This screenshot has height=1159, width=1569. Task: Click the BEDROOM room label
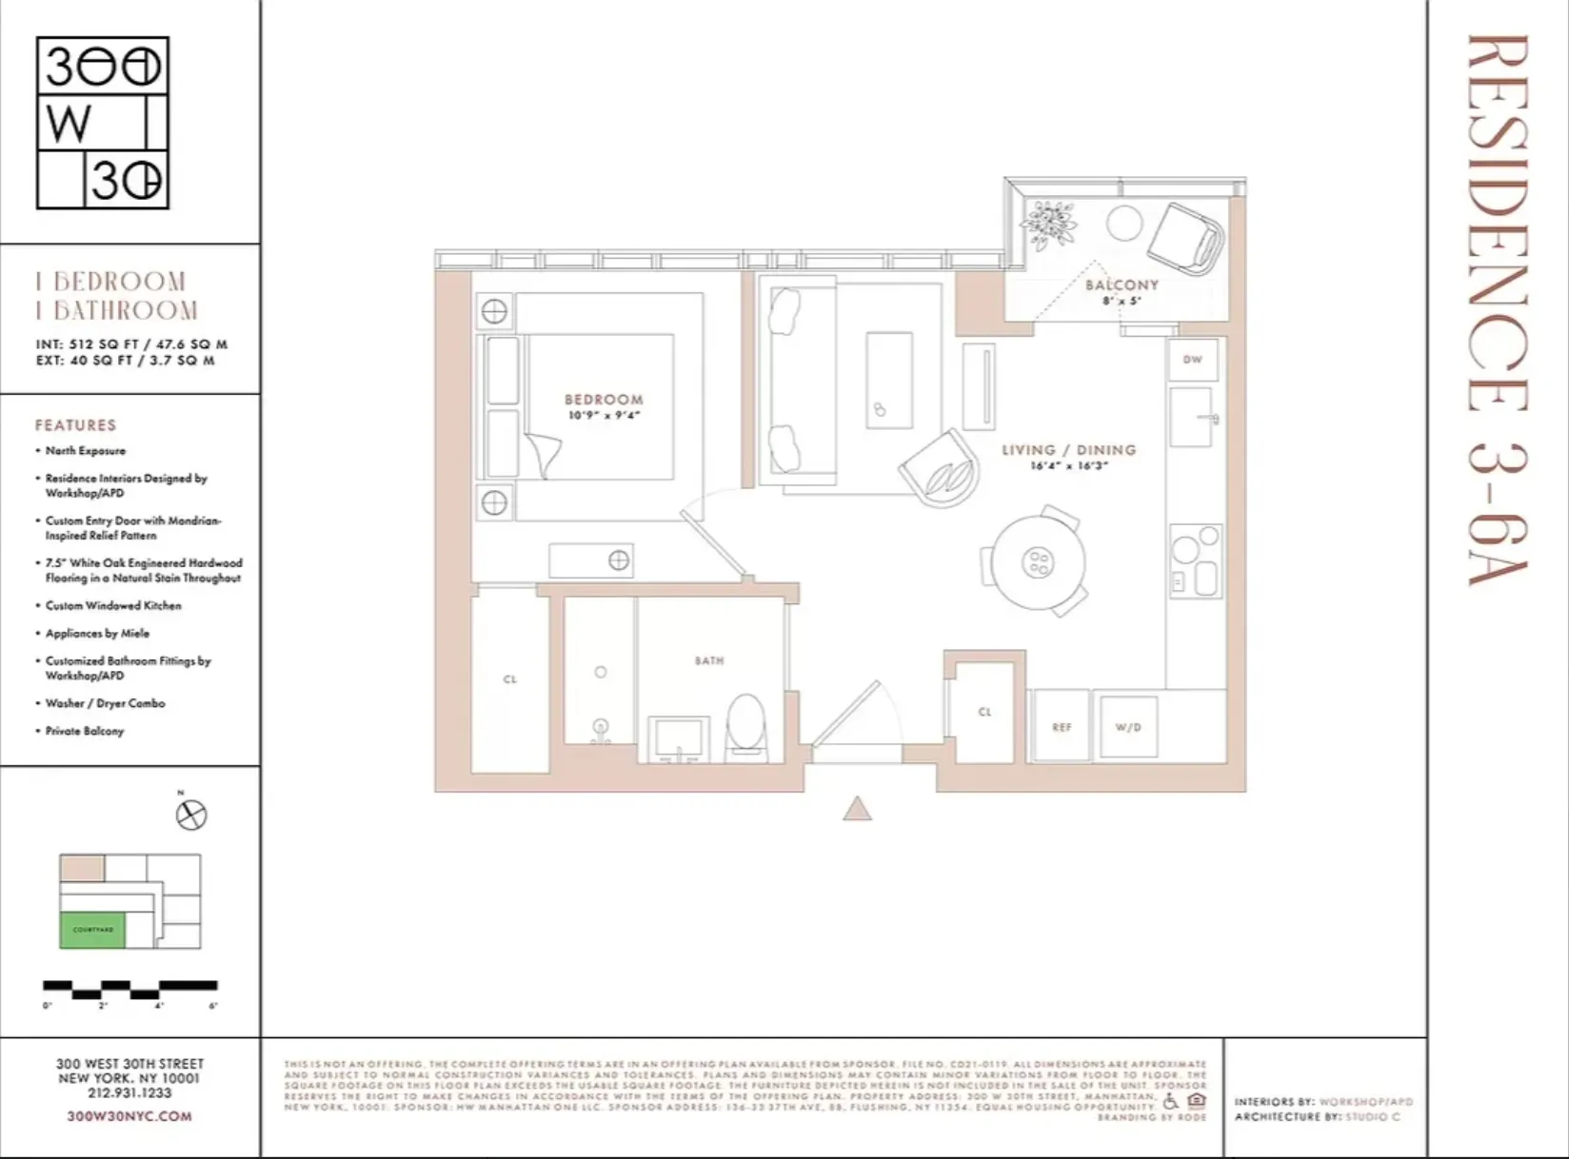click(x=603, y=400)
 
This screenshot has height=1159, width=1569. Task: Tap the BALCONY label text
click(x=1122, y=285)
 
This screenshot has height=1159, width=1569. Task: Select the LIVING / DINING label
click(x=1068, y=449)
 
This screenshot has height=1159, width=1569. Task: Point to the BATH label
click(x=708, y=659)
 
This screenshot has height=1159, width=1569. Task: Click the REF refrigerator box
click(x=1061, y=727)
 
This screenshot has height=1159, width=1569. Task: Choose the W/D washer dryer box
click(x=1128, y=727)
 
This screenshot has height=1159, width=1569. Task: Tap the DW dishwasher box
click(x=1192, y=360)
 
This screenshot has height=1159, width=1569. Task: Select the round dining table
click(x=1037, y=561)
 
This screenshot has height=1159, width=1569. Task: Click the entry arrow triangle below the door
click(x=857, y=809)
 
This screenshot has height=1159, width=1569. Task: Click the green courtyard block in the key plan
click(x=92, y=929)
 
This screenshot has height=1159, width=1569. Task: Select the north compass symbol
click(x=191, y=815)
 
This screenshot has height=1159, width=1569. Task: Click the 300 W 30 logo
click(x=102, y=123)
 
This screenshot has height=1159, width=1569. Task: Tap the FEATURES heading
click(x=75, y=424)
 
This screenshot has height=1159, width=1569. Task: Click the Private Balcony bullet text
click(x=85, y=731)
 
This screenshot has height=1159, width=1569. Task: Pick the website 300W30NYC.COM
click(x=129, y=1115)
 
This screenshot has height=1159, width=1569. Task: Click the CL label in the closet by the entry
click(x=984, y=711)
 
